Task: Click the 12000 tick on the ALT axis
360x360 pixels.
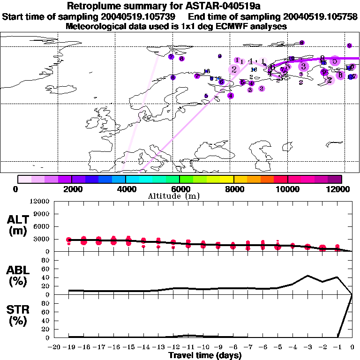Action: [x=41, y=202]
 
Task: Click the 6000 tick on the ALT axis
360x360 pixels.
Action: [x=43, y=226]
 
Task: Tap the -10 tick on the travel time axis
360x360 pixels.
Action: [x=203, y=348]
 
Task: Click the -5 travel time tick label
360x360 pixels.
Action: [x=277, y=348]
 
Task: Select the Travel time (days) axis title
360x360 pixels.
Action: [x=205, y=356]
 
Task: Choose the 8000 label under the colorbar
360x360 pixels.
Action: [x=233, y=189]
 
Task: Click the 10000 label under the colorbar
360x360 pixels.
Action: [x=287, y=189]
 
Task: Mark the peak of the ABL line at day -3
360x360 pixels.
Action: [x=307, y=276]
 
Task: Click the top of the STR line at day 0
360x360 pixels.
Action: [x=352, y=294]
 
